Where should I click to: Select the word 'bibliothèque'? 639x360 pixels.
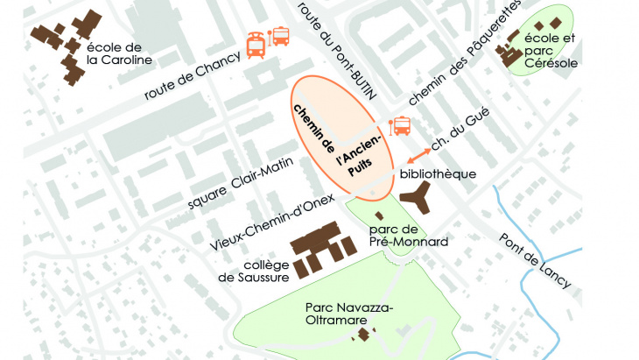click(x=438, y=173)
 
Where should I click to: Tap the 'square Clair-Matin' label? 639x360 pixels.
click(x=228, y=188)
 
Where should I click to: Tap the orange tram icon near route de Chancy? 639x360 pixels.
click(x=256, y=45)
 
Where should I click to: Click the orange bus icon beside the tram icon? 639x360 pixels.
click(x=280, y=36)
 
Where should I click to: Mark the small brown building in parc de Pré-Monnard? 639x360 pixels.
click(x=379, y=215)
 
